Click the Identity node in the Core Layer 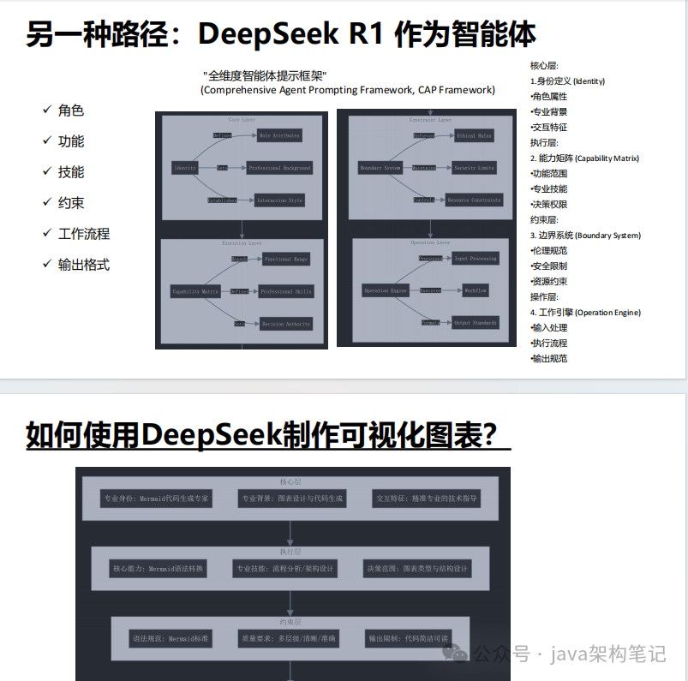coord(185,168)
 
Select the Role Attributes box coord(280,135)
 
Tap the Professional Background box coord(280,168)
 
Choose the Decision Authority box coord(286,324)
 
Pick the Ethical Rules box coord(473,135)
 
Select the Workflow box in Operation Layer coord(476,290)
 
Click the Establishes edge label coord(222,200)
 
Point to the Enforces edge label coord(424,135)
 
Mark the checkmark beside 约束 coord(47,202)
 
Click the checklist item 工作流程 coord(84,234)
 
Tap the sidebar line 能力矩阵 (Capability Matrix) coord(589,158)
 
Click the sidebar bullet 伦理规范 coord(549,251)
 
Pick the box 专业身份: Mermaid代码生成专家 coord(156,498)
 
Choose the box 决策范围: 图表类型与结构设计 coord(417,569)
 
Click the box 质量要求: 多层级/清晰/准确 coord(290,639)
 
